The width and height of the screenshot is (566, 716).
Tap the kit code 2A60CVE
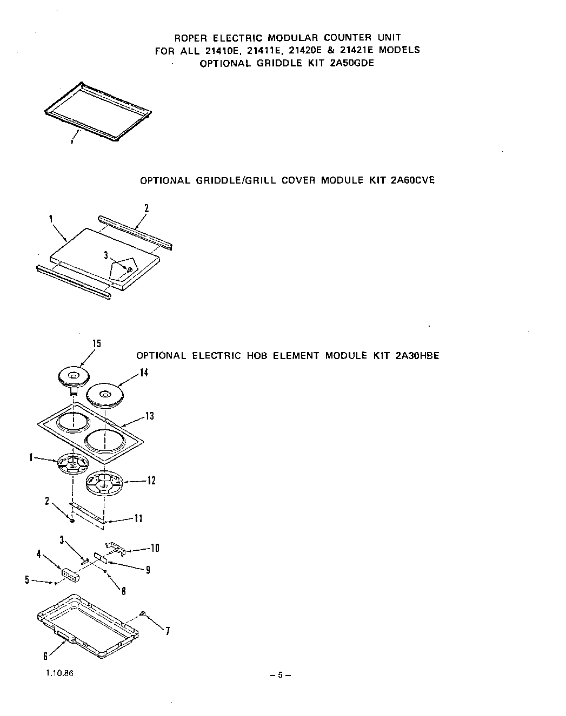pos(412,180)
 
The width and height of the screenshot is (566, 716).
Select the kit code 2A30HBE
pos(417,356)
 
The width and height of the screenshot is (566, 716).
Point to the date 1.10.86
pos(56,674)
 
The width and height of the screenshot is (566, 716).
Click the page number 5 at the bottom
pos(280,675)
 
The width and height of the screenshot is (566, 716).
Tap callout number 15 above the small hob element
pos(96,344)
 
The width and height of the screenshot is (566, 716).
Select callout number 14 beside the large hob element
pos(144,373)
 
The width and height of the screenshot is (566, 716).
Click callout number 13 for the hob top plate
pos(149,416)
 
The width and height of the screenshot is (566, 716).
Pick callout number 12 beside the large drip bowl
pos(151,480)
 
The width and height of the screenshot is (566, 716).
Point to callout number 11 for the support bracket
pos(138,518)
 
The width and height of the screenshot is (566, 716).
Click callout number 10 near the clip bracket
pos(155,548)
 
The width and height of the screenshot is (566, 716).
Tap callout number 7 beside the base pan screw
pos(168,631)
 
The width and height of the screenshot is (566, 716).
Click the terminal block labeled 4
pos(70,575)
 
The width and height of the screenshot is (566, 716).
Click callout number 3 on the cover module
pos(106,255)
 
